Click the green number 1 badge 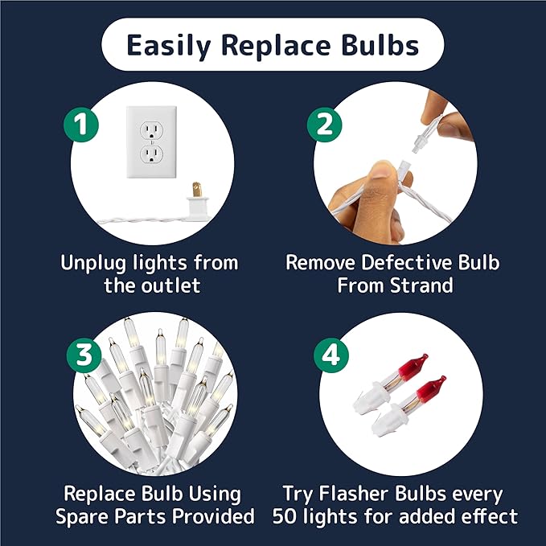81,125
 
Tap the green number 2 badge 325,125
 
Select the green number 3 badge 84,355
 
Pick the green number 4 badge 331,355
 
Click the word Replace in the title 276,46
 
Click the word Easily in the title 169,46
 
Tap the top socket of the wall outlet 151,131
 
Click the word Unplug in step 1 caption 93,263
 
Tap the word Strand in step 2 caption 421,285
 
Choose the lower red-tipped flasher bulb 408,405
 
